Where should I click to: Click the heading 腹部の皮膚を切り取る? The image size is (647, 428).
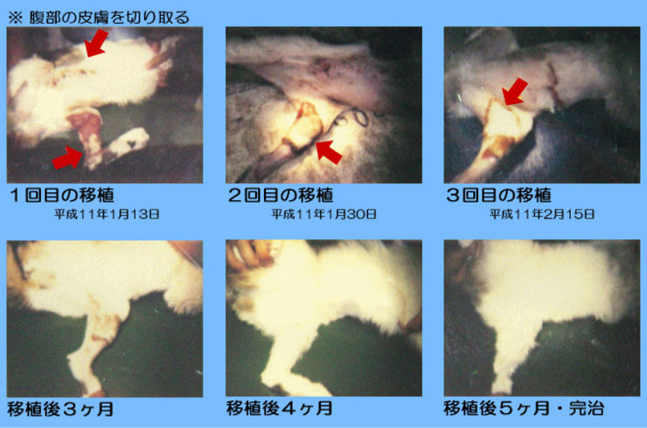(x=109, y=17)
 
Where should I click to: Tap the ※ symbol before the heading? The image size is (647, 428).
(x=15, y=18)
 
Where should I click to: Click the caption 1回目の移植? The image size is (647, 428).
(x=62, y=195)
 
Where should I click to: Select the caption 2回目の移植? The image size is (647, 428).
(x=281, y=195)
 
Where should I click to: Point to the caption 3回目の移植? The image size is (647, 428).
(x=499, y=195)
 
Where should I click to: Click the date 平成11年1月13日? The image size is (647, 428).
(x=107, y=214)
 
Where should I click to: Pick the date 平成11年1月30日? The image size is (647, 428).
(x=323, y=214)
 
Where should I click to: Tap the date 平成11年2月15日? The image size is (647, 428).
(x=542, y=214)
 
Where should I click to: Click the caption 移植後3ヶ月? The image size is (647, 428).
(x=60, y=409)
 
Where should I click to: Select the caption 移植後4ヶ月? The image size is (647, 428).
(x=280, y=409)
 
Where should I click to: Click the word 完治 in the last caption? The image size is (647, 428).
(x=587, y=409)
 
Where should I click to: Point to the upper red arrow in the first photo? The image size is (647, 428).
(x=96, y=43)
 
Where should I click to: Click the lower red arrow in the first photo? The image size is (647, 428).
(x=68, y=159)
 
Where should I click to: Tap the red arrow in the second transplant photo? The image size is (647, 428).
(x=329, y=152)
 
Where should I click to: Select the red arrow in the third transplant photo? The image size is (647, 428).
(x=515, y=92)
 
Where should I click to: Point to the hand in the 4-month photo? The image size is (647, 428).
(x=247, y=256)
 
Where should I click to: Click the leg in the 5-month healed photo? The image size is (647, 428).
(x=511, y=355)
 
